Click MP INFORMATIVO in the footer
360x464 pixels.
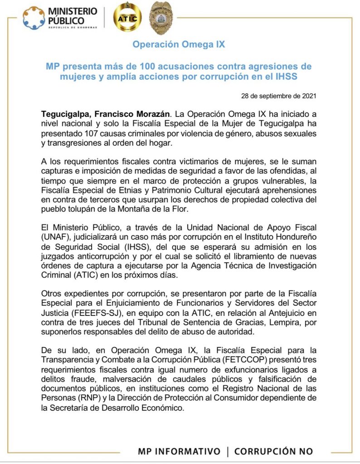(179, 451)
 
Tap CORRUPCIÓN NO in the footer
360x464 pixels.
(273, 451)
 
